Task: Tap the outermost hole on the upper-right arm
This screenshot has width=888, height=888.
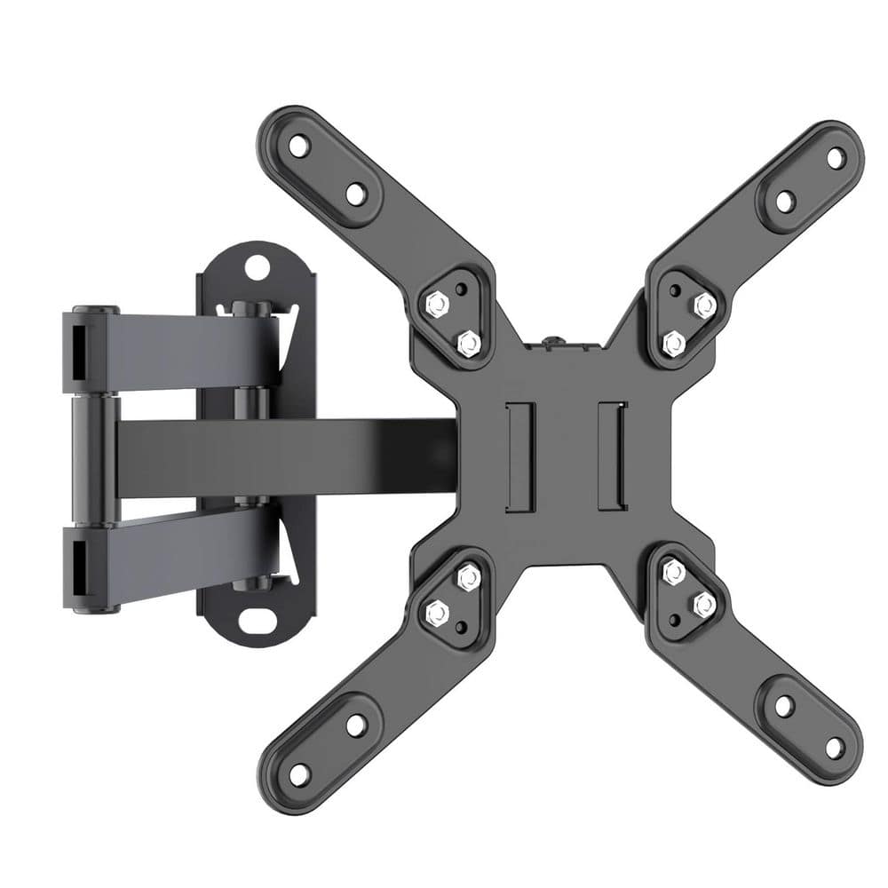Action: point(836,158)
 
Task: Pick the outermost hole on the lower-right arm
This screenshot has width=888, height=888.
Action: point(835,748)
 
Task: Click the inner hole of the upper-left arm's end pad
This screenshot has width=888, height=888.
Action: point(355,194)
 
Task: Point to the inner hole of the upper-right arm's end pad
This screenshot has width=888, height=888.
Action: point(785,202)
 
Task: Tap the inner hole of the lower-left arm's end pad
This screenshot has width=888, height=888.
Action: point(355,725)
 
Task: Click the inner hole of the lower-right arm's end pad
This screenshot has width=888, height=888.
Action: point(784,706)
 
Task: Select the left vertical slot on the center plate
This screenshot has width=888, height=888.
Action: point(519,456)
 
